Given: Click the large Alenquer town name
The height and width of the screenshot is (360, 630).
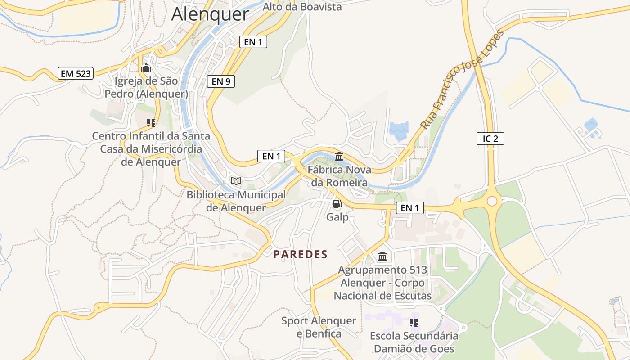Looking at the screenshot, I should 210,14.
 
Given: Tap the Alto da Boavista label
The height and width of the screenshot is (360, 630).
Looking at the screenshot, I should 302,7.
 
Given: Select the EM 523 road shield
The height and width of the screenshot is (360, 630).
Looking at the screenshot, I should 75,74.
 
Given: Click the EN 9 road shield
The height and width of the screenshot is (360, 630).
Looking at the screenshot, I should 221,81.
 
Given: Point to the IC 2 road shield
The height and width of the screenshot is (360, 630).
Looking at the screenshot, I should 490,139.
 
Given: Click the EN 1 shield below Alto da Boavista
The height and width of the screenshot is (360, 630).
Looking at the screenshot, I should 253,42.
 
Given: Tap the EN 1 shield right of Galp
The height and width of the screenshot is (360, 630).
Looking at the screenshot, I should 409,207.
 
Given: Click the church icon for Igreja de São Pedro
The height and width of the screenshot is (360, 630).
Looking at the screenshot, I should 146,68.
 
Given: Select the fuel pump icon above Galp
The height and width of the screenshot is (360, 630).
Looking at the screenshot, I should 337,204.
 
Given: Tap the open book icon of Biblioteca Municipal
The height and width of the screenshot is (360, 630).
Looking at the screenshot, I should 236,181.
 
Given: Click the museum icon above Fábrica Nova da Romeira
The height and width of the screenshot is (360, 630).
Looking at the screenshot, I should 339,156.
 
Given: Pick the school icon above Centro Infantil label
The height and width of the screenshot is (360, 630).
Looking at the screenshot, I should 151,122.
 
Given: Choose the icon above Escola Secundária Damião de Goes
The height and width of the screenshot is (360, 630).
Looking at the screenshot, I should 414,322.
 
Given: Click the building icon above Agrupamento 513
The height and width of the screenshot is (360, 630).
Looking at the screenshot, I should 382,256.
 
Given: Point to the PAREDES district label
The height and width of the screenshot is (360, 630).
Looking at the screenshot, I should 300,254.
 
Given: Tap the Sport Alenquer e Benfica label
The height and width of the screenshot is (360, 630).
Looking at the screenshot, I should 319,327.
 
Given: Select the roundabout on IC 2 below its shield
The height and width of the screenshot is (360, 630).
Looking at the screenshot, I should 492,200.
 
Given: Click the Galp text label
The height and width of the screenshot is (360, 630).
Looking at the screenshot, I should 337,217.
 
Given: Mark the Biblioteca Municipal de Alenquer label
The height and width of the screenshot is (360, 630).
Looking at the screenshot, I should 236,201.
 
